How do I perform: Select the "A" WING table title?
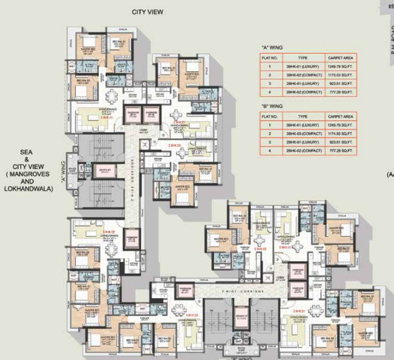pos(272,47)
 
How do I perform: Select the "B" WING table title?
pos(272,105)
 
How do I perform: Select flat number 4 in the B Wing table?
pos(270,151)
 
